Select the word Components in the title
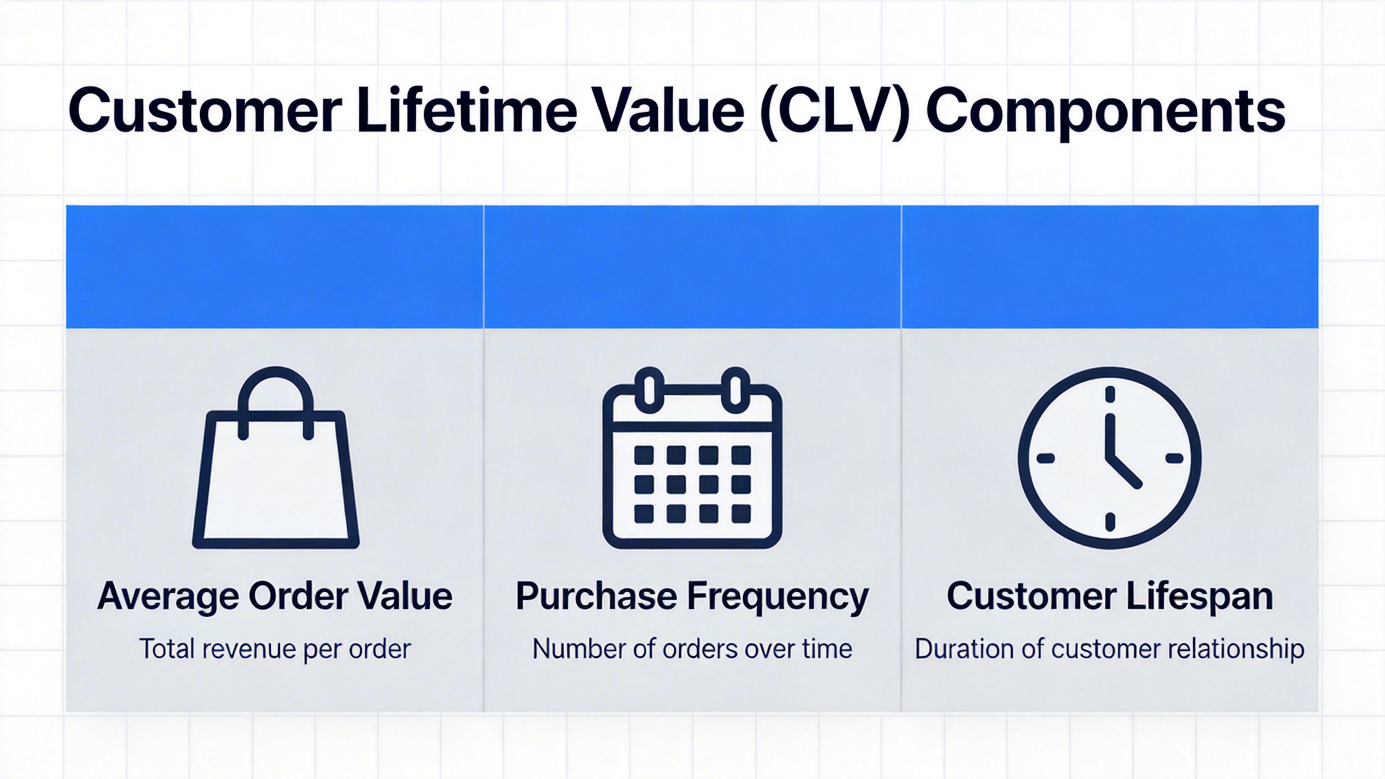click(x=1106, y=114)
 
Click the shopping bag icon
click(x=276, y=476)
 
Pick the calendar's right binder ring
click(x=735, y=386)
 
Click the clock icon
click(x=1110, y=458)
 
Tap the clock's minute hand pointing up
click(x=1110, y=435)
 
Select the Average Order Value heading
click(x=275, y=596)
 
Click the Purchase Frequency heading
click(x=692, y=596)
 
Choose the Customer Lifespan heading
click(x=1110, y=596)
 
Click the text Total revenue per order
click(x=275, y=649)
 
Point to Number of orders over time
click(x=692, y=649)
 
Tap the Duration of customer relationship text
click(x=1110, y=649)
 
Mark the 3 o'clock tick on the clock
click(x=1174, y=459)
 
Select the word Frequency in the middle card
click(x=778, y=597)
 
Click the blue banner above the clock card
click(x=1110, y=266)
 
